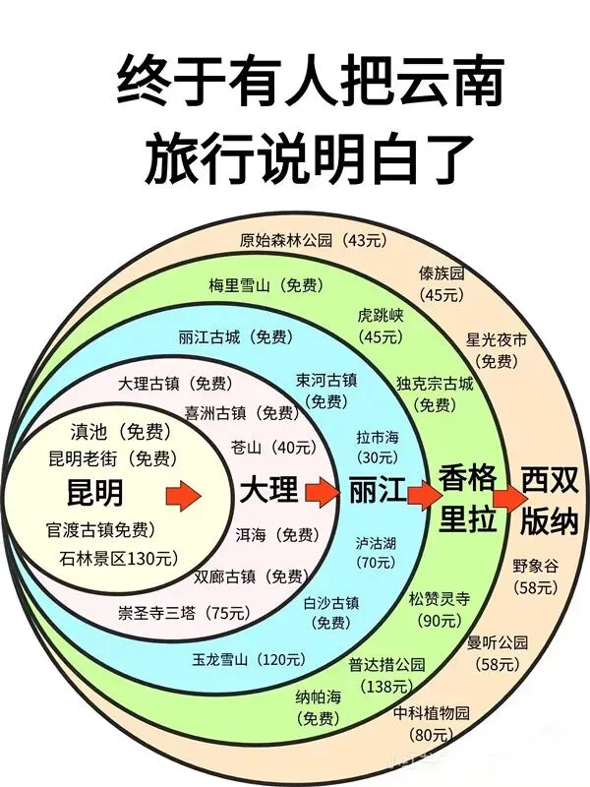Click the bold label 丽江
click(x=376, y=491)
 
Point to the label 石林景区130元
click(x=119, y=559)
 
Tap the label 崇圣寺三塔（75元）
click(x=183, y=613)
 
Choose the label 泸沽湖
click(x=376, y=543)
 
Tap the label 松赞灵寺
click(x=441, y=598)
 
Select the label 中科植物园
click(x=432, y=712)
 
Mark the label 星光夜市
click(x=497, y=340)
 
